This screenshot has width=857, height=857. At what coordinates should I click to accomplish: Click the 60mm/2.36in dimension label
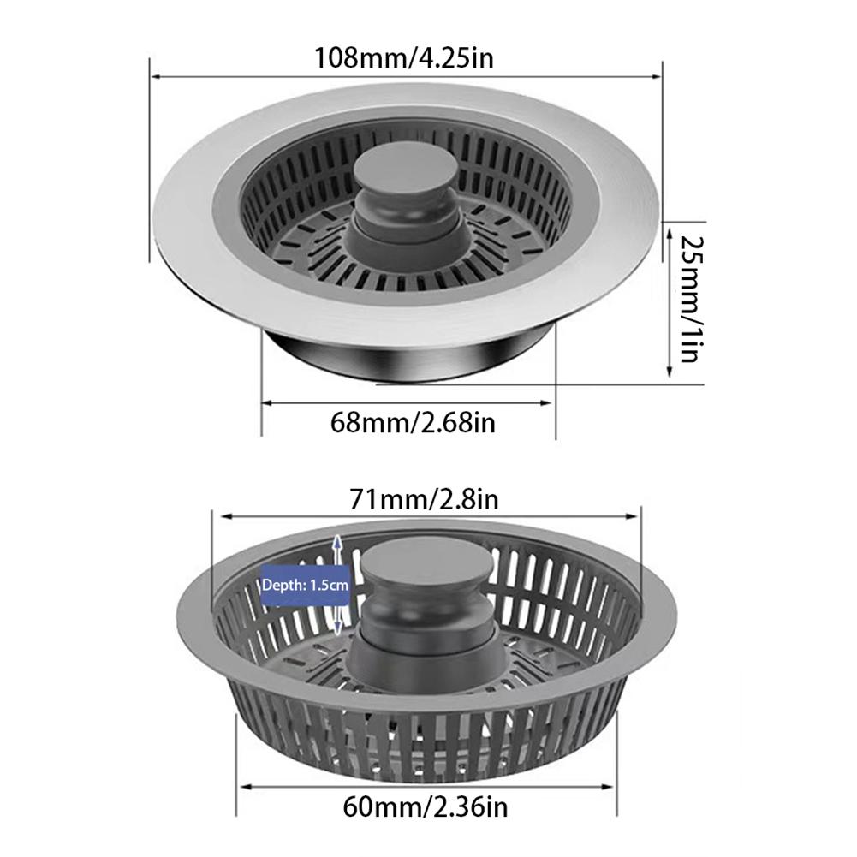[426, 805]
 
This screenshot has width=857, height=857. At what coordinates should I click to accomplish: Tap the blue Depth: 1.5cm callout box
[306, 586]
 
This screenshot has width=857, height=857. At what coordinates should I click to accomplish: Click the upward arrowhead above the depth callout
[338, 542]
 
